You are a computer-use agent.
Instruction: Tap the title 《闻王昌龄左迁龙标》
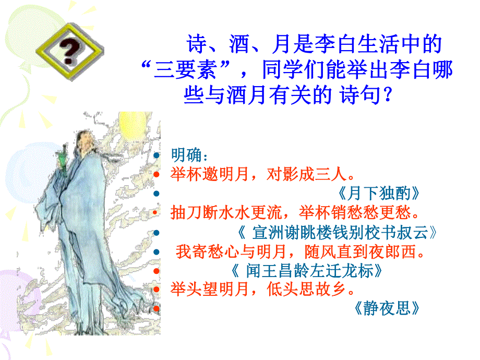pos(308,271)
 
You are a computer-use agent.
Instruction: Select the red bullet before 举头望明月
pos(157,289)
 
